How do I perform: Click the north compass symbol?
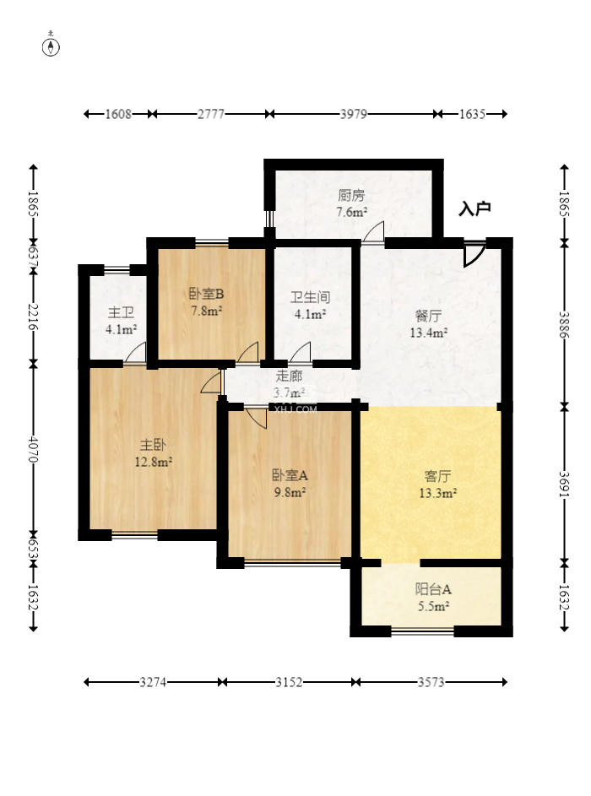52,46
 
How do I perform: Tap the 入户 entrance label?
474,208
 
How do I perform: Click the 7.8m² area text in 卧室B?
206,311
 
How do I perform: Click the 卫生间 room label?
310,297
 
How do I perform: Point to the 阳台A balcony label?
432,589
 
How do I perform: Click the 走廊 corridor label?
289,376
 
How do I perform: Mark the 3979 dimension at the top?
353,114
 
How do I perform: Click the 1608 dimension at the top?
119,114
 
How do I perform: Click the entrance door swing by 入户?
474,253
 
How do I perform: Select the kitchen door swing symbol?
373,233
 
